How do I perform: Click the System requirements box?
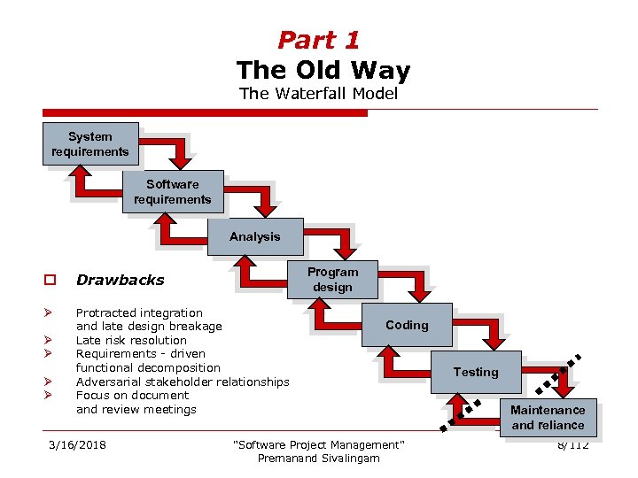[x=90, y=144]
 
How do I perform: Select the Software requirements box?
[x=173, y=192]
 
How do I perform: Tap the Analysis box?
[x=255, y=237]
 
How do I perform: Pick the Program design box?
[x=333, y=280]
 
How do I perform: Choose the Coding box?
[x=407, y=326]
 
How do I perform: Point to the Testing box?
[x=476, y=373]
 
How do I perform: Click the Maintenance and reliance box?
[x=548, y=417]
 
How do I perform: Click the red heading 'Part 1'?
[x=319, y=40]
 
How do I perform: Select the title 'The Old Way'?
[x=323, y=70]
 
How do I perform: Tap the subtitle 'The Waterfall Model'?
[x=319, y=93]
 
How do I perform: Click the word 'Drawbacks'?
[x=121, y=281]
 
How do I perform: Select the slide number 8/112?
[x=573, y=444]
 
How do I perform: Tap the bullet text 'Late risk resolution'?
[x=131, y=341]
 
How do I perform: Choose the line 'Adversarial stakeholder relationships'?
[x=183, y=382]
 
